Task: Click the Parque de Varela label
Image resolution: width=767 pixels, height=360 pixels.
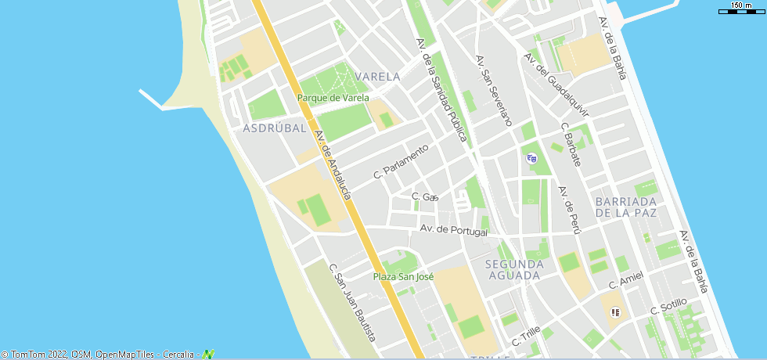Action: [333, 98]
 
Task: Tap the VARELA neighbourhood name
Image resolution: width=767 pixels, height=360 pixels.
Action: [377, 77]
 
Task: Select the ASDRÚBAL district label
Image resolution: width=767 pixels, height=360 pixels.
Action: [274, 128]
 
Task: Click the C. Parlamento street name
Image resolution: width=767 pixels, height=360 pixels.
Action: [402, 160]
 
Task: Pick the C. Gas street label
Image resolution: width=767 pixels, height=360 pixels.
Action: [425, 196]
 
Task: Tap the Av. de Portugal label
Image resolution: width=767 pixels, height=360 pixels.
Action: [454, 230]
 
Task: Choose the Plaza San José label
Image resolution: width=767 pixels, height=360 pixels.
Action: [403, 276]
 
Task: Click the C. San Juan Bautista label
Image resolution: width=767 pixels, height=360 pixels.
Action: [352, 302]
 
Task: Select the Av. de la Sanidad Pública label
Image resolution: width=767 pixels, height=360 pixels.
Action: [442, 90]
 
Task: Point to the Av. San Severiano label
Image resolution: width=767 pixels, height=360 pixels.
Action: [494, 91]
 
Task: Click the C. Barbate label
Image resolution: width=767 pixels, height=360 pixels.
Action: [571, 144]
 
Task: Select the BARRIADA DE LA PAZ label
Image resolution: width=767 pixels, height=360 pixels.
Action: [625, 207]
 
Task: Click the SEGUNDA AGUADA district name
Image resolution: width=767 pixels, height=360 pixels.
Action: [513, 269]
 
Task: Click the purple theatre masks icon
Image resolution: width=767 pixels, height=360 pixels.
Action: [532, 158]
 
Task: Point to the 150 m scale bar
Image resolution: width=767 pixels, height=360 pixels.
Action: [742, 9]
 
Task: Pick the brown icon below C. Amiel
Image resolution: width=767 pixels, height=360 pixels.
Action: [615, 312]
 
